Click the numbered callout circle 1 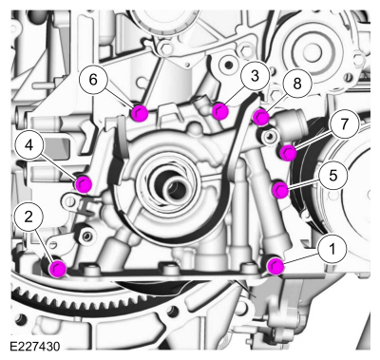(332, 249)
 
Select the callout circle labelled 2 (28, 218)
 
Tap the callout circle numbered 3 (255, 77)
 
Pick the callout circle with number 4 (29, 145)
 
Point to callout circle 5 (332, 176)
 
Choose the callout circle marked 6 (93, 80)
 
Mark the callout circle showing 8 (297, 84)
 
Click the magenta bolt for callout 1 (275, 266)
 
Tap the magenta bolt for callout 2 (58, 269)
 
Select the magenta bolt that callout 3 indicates (220, 111)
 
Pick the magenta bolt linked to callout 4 (84, 183)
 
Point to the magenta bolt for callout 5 (280, 190)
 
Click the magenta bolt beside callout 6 (140, 113)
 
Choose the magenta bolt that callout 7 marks (288, 152)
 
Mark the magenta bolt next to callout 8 (261, 117)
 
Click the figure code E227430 (34, 347)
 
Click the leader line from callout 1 (300, 258)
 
